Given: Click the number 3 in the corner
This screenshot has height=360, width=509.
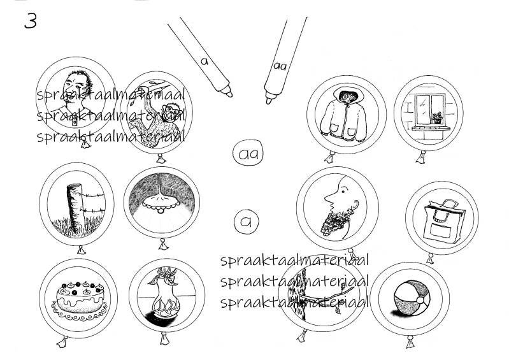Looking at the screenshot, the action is coord(31,21).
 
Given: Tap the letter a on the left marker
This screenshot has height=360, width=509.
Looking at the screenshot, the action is coord(204,61).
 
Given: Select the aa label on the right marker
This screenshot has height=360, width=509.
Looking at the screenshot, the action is coord(280,66).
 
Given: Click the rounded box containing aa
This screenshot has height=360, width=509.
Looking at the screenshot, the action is coord(248,154).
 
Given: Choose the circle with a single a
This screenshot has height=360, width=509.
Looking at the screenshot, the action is coord(247,221).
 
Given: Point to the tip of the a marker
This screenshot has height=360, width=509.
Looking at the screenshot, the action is coord(229,94).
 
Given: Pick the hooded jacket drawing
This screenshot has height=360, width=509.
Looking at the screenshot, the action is coord(344,115).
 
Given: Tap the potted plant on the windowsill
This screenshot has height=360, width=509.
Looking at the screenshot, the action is coord(437,117).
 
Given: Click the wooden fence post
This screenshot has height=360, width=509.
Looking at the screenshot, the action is coord(75,208).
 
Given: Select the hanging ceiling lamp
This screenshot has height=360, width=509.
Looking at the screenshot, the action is coord(161,199).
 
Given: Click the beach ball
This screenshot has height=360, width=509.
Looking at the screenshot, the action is coord(412,298).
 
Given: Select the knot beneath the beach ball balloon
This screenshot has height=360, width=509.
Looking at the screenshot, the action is coord(410,342).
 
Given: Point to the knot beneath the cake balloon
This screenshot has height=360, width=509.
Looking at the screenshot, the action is coord(62,342).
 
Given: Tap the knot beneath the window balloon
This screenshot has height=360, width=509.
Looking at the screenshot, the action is coord(421,157).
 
